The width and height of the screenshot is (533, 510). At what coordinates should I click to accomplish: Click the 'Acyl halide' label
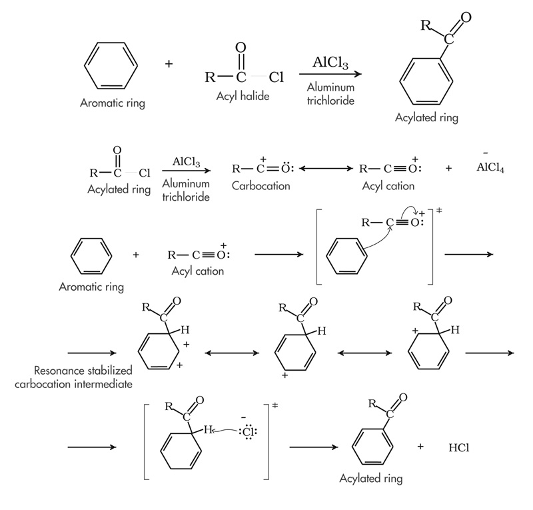click(243, 97)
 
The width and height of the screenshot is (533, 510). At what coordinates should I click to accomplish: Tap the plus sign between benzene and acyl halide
click(169, 64)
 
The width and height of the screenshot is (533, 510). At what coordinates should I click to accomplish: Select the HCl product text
click(460, 447)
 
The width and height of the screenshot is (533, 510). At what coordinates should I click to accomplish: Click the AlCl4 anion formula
click(490, 168)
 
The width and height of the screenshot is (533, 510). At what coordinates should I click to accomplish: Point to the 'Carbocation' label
click(261, 186)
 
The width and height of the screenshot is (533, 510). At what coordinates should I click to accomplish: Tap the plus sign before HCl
click(420, 445)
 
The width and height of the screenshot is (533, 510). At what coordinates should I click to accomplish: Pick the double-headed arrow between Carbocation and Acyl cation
click(325, 169)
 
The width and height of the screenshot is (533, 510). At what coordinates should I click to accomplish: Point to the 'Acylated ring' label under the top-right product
click(426, 117)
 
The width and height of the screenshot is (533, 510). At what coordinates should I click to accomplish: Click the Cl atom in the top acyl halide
click(276, 77)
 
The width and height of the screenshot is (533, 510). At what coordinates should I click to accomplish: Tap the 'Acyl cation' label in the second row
click(388, 186)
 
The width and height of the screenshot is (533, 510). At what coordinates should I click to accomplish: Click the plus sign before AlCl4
click(448, 169)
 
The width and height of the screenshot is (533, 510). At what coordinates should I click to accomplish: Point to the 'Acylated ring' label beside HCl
click(370, 478)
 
